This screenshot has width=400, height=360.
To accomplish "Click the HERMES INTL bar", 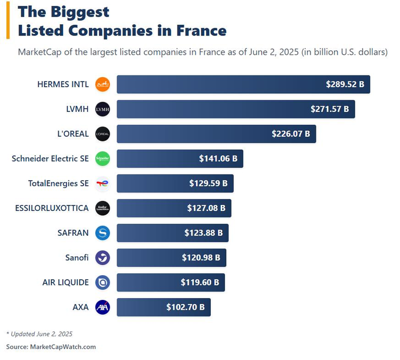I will click(243, 84).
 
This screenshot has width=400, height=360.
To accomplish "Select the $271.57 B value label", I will click(329, 109).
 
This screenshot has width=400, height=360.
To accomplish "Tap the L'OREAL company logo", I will click(103, 134).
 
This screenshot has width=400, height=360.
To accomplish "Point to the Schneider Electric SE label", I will click(50, 158).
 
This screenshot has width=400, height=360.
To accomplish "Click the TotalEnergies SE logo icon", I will click(103, 183).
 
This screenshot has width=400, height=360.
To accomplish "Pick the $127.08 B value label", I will click(206, 208).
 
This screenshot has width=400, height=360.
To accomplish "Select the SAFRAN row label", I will click(74, 233).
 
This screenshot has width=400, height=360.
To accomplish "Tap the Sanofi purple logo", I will click(103, 257).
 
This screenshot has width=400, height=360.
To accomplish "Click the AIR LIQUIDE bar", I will click(170, 282).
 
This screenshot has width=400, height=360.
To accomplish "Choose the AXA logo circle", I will click(103, 307).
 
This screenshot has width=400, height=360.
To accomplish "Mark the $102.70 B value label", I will click(185, 307).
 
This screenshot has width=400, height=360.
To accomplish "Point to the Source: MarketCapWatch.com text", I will click(51, 346).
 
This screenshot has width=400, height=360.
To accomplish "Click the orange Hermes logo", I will click(103, 84).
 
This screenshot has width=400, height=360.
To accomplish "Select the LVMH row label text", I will click(78, 109).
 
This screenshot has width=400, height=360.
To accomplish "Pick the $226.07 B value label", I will click(290, 134).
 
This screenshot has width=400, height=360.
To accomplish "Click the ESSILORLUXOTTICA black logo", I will click(103, 208).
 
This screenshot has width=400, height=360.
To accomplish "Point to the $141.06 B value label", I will click(218, 158).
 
